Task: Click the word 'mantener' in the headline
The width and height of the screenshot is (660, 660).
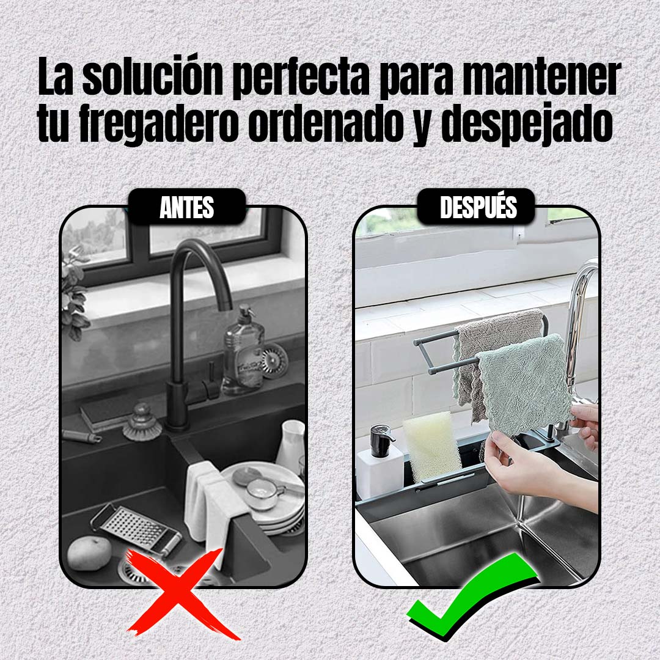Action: tap(542, 78)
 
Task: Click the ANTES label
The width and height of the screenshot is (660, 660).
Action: tap(187, 207)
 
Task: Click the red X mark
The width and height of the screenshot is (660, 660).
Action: tap(181, 593)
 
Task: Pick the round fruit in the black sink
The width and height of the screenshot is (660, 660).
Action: tap(89, 553)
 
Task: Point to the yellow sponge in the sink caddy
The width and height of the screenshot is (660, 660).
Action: tap(431, 446)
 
